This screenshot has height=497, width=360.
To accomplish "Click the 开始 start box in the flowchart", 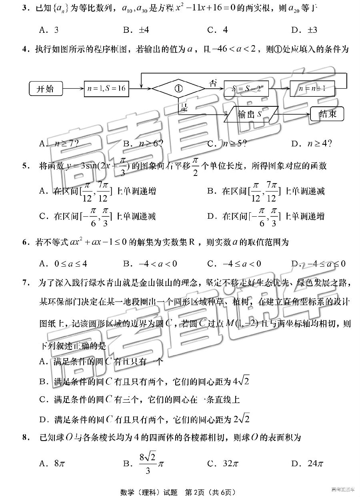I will pyautogui.click(x=46, y=89).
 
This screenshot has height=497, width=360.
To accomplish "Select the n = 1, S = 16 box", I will pyautogui.click(x=107, y=89).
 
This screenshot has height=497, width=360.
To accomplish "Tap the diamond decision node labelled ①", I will pyautogui.click(x=178, y=89).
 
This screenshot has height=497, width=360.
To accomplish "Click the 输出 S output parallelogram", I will pyautogui.click(x=250, y=114).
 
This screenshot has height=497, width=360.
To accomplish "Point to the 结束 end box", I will pyautogui.click(x=328, y=114).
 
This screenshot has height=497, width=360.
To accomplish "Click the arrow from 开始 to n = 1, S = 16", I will pyautogui.click(x=74, y=89).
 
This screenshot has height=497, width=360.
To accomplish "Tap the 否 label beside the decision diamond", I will pyautogui.click(x=214, y=83).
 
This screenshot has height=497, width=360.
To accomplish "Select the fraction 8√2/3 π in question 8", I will pyautogui.click(x=149, y=464).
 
